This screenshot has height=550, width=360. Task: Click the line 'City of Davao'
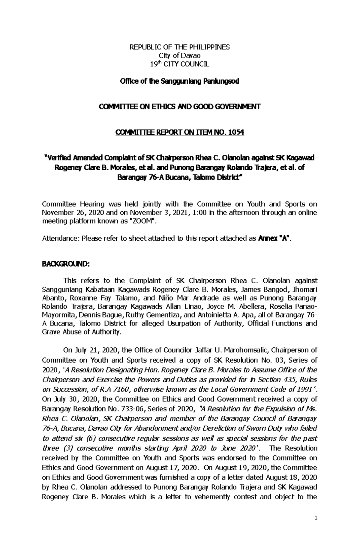tap(180, 55)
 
